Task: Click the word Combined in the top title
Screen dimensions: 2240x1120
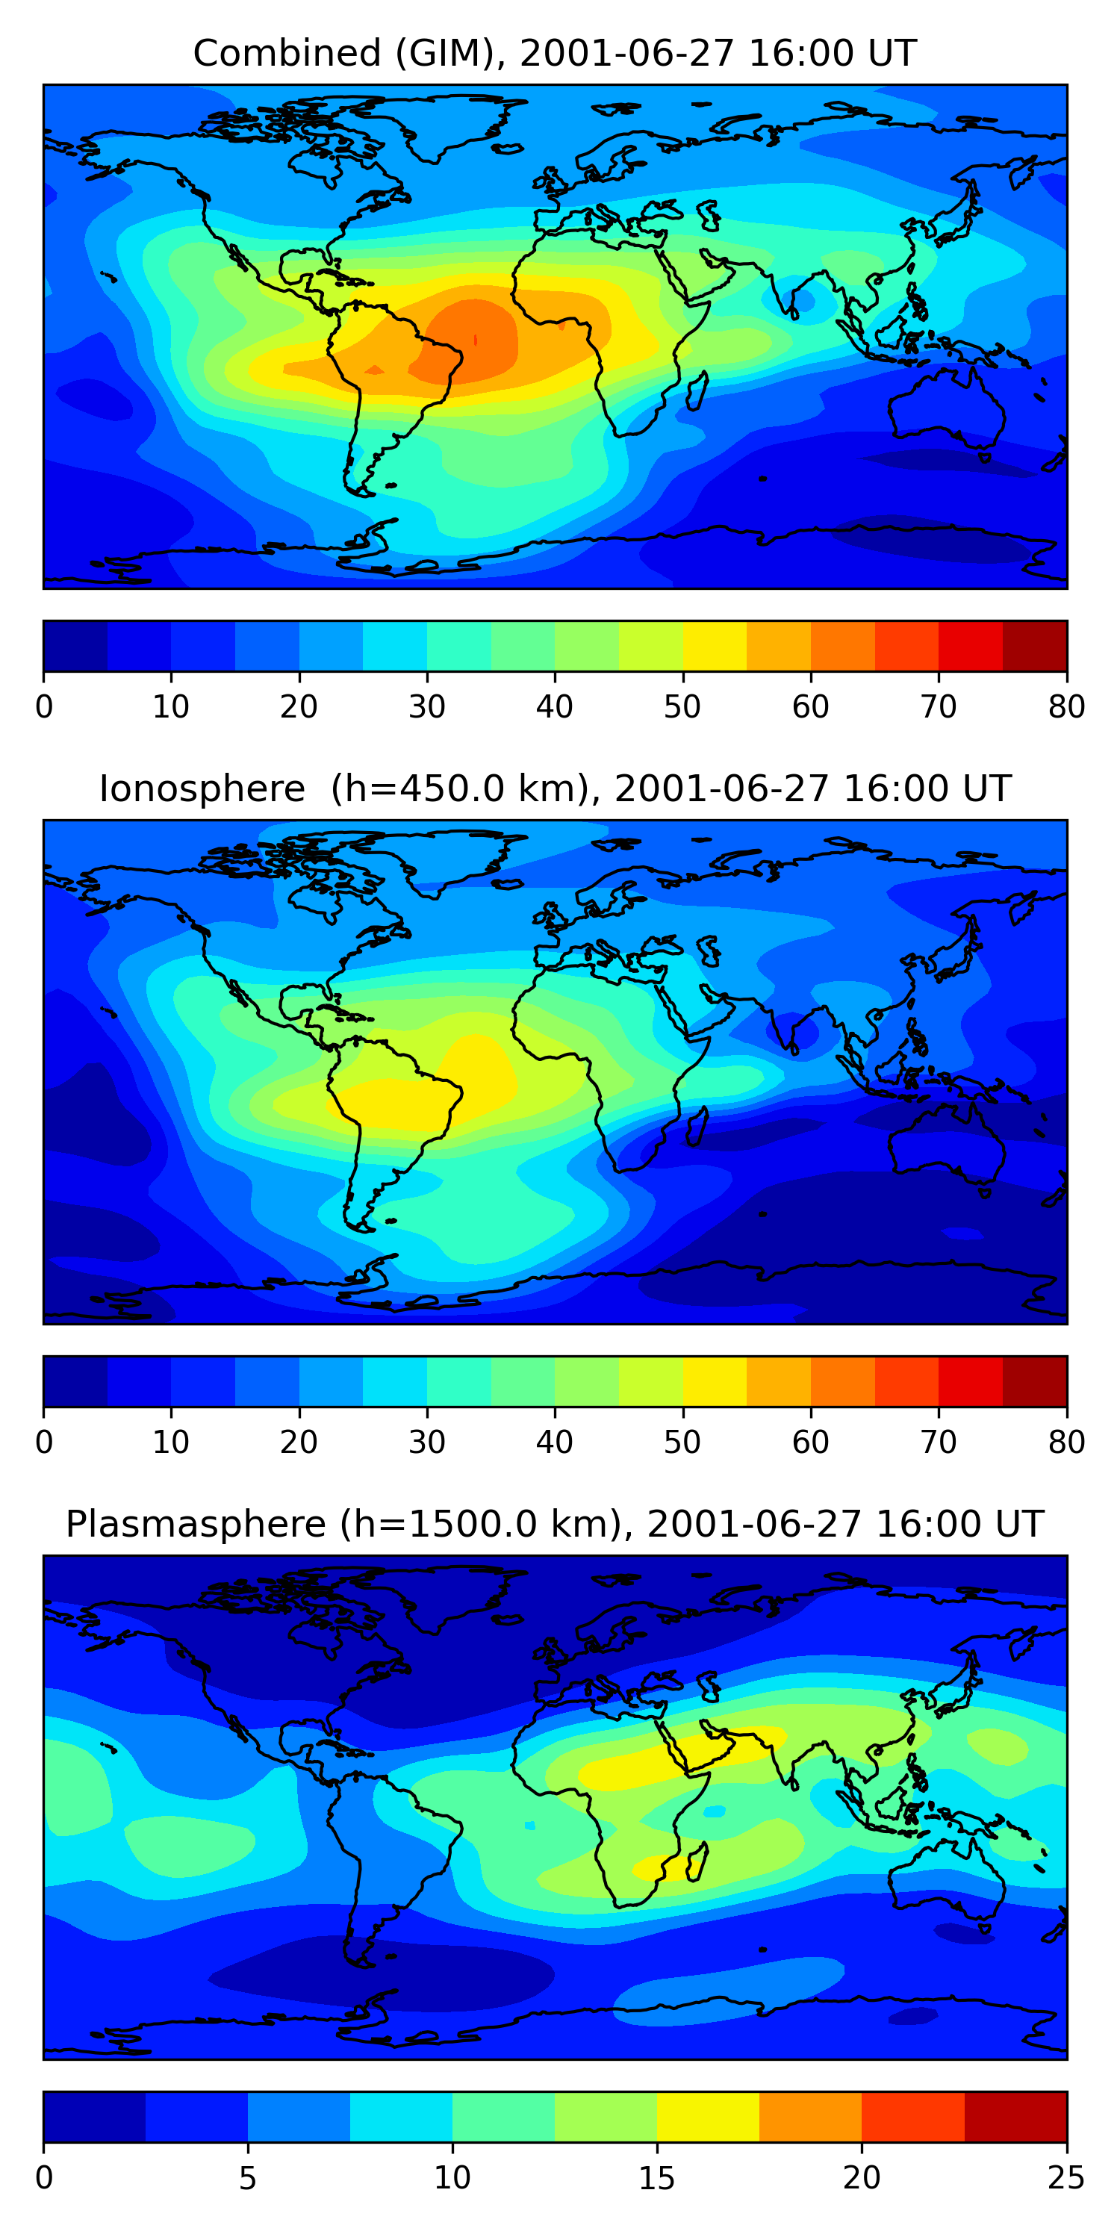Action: pyautogui.click(x=287, y=53)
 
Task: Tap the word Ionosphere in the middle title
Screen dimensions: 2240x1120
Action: pyautogui.click(x=202, y=788)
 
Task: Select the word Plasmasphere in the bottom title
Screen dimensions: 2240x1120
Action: pyautogui.click(x=195, y=1525)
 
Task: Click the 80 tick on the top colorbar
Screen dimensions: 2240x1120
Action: pyautogui.click(x=1066, y=706)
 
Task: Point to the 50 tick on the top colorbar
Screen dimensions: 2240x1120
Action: pyautogui.click(x=682, y=706)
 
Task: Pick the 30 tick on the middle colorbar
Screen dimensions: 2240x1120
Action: pyautogui.click(x=427, y=1442)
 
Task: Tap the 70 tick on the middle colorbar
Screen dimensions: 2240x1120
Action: pyautogui.click(x=939, y=1442)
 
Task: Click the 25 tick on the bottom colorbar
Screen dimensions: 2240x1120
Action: pyautogui.click(x=1066, y=2177)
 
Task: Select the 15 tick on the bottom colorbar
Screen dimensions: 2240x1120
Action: pyautogui.click(x=656, y=2177)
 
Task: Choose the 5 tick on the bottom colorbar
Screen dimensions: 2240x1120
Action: pyautogui.click(x=248, y=2177)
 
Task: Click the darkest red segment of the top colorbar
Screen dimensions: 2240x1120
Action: pyautogui.click(x=1035, y=646)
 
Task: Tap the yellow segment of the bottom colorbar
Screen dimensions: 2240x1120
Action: pyautogui.click(x=708, y=2117)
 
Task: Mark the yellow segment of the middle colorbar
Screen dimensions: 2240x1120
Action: pyautogui.click(x=715, y=1381)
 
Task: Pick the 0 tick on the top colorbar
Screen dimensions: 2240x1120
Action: pyautogui.click(x=44, y=706)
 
